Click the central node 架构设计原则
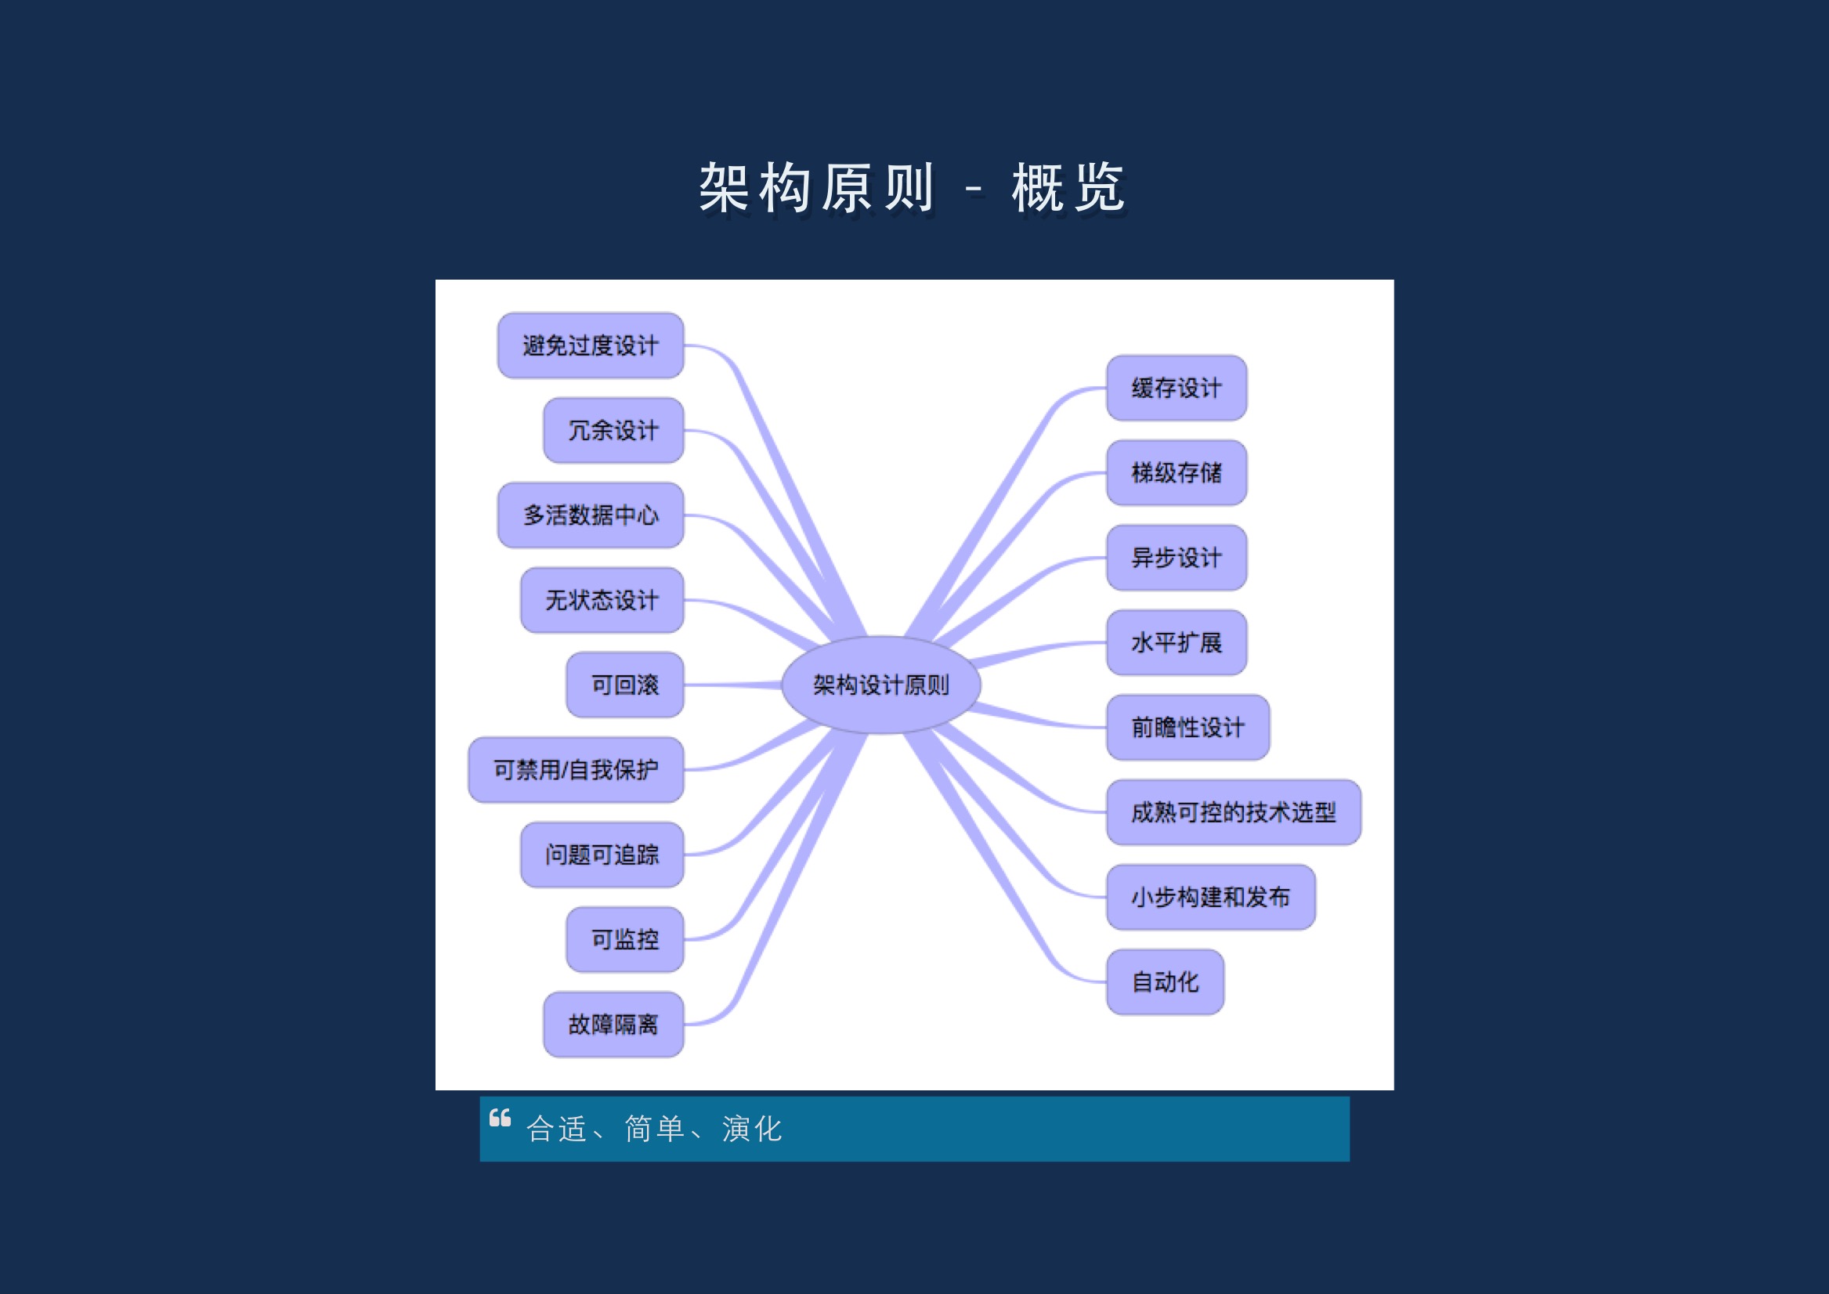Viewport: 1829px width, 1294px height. click(881, 685)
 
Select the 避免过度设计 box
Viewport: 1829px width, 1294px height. click(591, 345)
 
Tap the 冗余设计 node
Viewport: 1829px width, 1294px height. click(613, 430)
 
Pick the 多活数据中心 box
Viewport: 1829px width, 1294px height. click(591, 515)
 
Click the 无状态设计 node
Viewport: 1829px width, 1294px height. click(602, 600)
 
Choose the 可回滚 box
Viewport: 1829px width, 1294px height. click(624, 685)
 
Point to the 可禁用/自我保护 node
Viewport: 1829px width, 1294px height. click(575, 770)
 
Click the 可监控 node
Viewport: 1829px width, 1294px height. click(624, 939)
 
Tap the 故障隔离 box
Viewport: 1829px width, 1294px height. click(613, 1025)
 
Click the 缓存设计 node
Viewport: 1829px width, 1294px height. click(1177, 388)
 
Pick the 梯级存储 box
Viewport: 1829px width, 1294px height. click(1177, 472)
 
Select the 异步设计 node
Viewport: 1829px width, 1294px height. click(1177, 558)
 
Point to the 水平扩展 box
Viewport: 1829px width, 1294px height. click(1177, 642)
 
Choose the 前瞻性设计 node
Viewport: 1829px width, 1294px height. click(1187, 728)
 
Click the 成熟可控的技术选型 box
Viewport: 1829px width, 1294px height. click(1233, 812)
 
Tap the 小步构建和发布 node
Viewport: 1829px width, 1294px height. click(1211, 897)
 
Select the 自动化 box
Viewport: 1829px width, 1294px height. click(1166, 981)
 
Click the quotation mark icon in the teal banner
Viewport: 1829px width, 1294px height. click(501, 1118)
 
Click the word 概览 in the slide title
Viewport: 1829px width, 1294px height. click(1068, 189)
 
